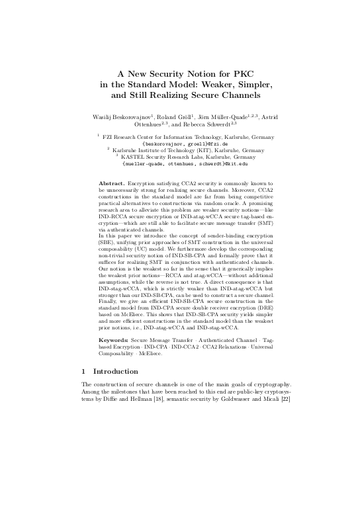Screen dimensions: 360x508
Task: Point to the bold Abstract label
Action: pos(111,181)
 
